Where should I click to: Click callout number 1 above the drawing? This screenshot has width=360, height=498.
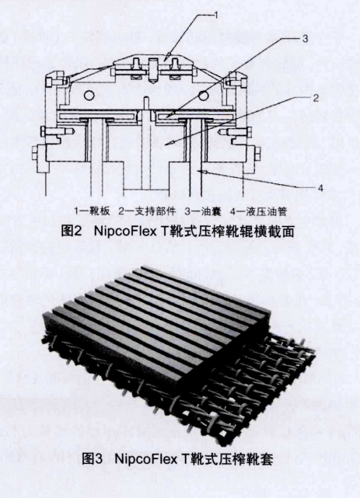pos(216,15)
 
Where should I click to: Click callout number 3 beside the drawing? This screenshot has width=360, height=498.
pos(305,38)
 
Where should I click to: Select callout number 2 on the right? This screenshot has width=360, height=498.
pos(316,98)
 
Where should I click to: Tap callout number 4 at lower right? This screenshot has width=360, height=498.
pos(320,188)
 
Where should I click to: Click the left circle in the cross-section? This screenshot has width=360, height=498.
pos(89,95)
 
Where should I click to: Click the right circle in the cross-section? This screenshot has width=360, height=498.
pos(204,94)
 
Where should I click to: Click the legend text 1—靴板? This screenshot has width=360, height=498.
pos(93,211)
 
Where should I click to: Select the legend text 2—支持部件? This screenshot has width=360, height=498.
pos(147,211)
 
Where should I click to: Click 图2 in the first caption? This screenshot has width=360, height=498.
pos(72,232)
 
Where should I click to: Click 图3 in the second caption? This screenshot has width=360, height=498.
pos(93,459)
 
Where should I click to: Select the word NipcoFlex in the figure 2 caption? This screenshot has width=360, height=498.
pos(125,232)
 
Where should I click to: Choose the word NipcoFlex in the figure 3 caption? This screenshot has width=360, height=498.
pos(145,459)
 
